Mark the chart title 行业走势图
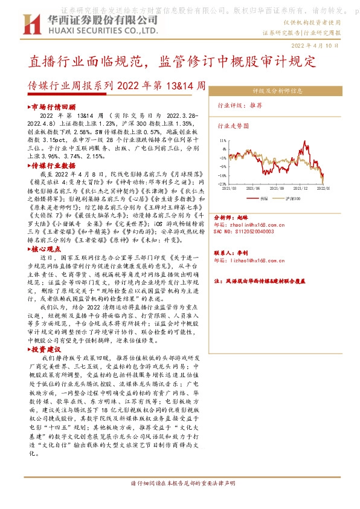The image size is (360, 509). (234, 126)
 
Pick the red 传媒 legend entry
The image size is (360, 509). (260, 198)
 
